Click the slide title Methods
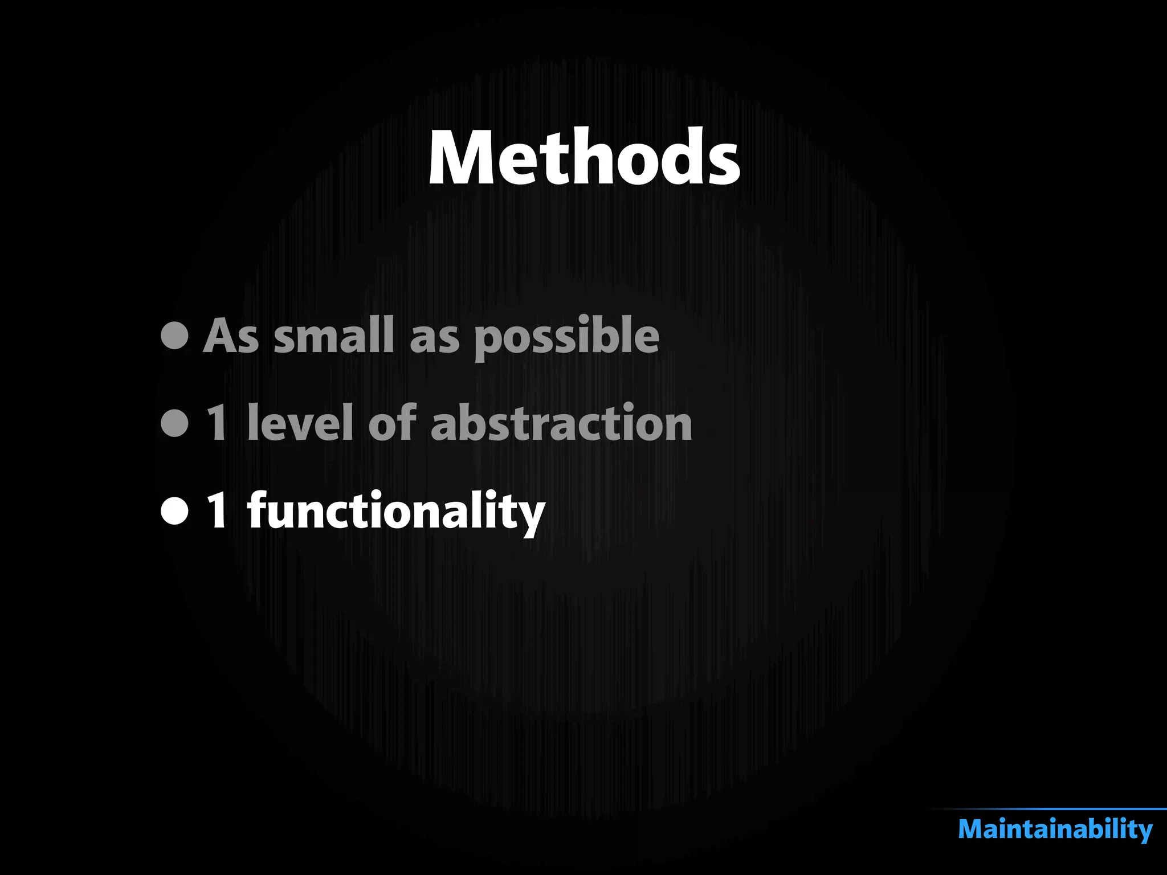pos(584,158)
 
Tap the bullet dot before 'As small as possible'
pos(175,336)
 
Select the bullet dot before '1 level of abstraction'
pos(175,423)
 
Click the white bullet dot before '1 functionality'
pos(175,511)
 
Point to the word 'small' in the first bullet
pos(334,336)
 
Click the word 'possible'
pos(566,337)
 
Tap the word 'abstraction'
pos(561,423)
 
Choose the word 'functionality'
pos(396,512)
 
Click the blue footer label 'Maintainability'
pos(1055,829)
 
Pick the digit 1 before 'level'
pos(217,423)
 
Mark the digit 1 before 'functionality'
pos(217,511)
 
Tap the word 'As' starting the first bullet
pos(231,336)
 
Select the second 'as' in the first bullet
pos(434,338)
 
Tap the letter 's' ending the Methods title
pos(723,165)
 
